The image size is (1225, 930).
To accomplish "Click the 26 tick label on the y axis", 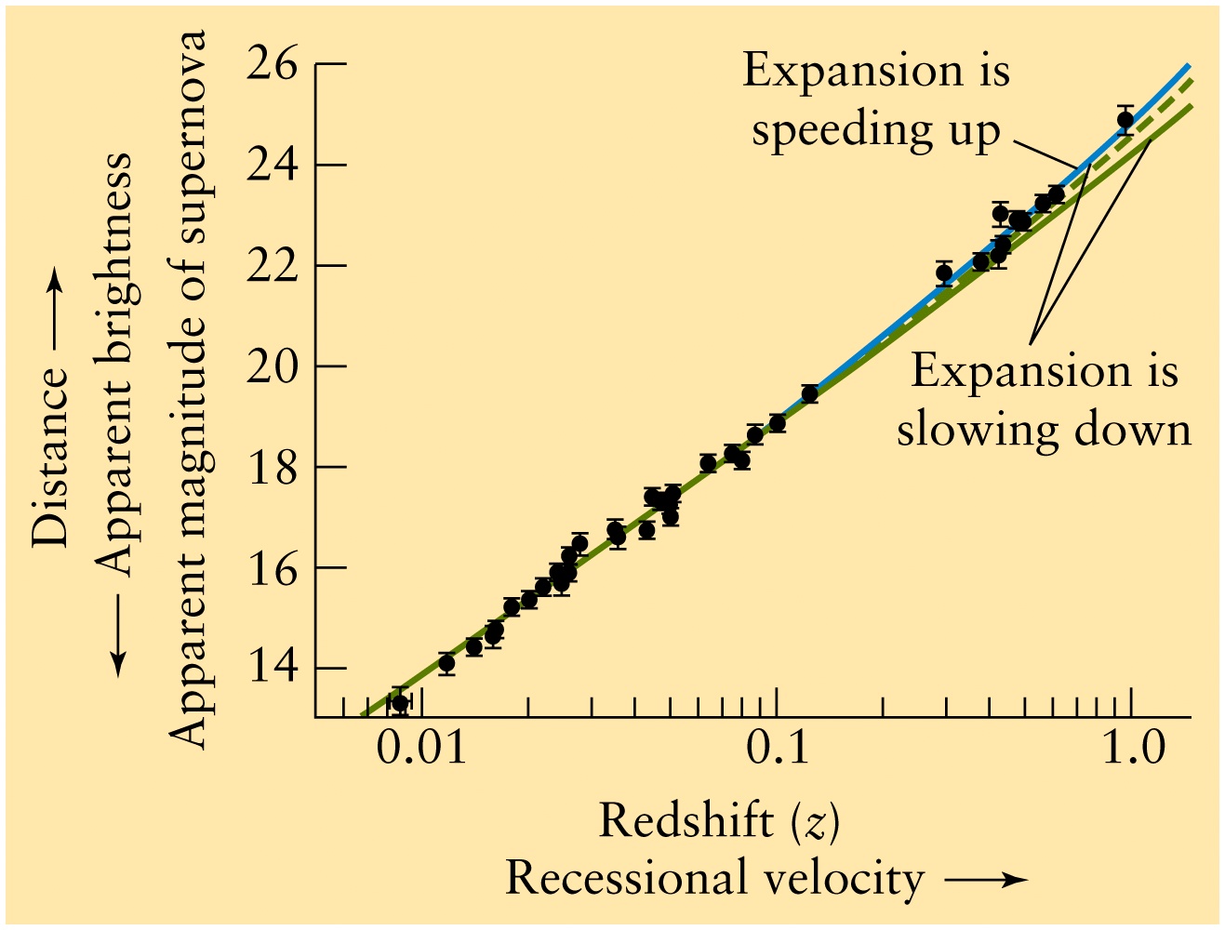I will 273,64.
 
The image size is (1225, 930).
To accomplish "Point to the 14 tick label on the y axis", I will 273,668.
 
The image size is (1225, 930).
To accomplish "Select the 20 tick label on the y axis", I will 273,366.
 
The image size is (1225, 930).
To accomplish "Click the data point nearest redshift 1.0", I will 1125,120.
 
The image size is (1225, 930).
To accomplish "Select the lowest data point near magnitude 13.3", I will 400,702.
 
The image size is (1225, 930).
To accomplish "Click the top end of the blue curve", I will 1188,66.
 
